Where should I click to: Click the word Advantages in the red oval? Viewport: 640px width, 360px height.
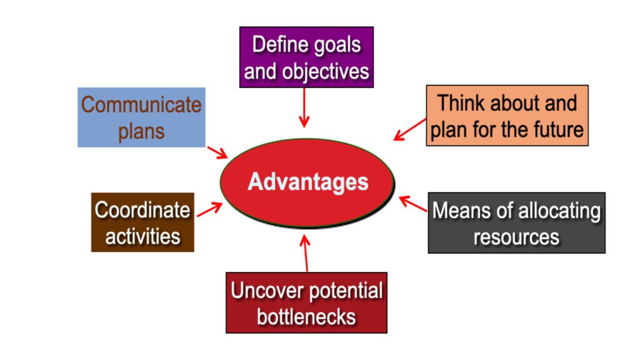[x=308, y=182]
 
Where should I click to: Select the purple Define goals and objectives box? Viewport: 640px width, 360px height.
[x=306, y=57]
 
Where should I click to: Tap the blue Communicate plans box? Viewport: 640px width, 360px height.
[x=141, y=117]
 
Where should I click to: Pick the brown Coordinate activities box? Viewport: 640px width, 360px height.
[x=142, y=222]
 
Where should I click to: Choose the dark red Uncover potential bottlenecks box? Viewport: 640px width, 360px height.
[x=306, y=302]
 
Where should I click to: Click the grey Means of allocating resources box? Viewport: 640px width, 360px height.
[x=516, y=222]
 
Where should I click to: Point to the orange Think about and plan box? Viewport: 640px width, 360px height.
[x=507, y=116]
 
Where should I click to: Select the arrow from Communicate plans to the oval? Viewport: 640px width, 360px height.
[x=217, y=152]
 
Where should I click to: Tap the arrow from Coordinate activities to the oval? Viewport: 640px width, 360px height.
[x=209, y=209]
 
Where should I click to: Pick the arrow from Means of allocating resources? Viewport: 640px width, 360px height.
[x=412, y=204]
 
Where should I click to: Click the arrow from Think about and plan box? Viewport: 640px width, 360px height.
[x=410, y=129]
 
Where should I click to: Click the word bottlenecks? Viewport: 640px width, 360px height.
[x=306, y=316]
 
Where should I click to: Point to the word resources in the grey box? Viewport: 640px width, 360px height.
[x=516, y=237]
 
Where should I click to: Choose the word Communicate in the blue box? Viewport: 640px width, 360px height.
[x=141, y=104]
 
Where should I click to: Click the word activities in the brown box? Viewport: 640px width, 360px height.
[x=142, y=236]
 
